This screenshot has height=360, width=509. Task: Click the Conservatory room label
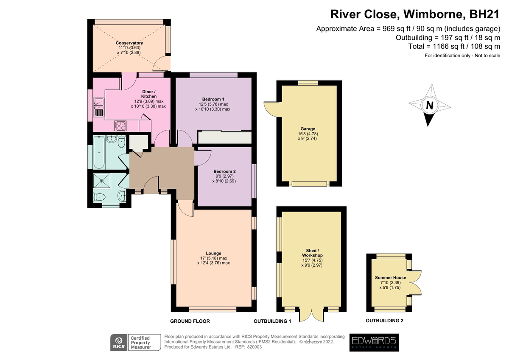click(129, 43)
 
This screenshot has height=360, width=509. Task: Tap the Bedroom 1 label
click(213, 99)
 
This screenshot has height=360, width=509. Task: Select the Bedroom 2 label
click(224, 171)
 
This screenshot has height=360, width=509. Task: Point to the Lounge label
click(213, 253)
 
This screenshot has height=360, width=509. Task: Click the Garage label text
click(308, 129)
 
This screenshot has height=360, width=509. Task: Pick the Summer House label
click(390, 278)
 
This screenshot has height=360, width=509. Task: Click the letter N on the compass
click(429, 106)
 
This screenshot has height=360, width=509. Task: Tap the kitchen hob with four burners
click(120, 126)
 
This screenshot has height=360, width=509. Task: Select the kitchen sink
click(98, 107)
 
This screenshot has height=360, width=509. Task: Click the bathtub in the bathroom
click(99, 152)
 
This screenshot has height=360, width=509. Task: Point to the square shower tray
click(102, 181)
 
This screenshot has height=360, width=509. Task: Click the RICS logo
click(119, 343)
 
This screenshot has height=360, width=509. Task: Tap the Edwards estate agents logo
click(374, 343)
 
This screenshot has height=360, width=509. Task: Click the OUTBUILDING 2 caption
click(384, 321)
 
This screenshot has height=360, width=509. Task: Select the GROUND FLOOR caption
click(190, 321)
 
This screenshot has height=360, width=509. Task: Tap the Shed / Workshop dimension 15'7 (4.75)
click(313, 260)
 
